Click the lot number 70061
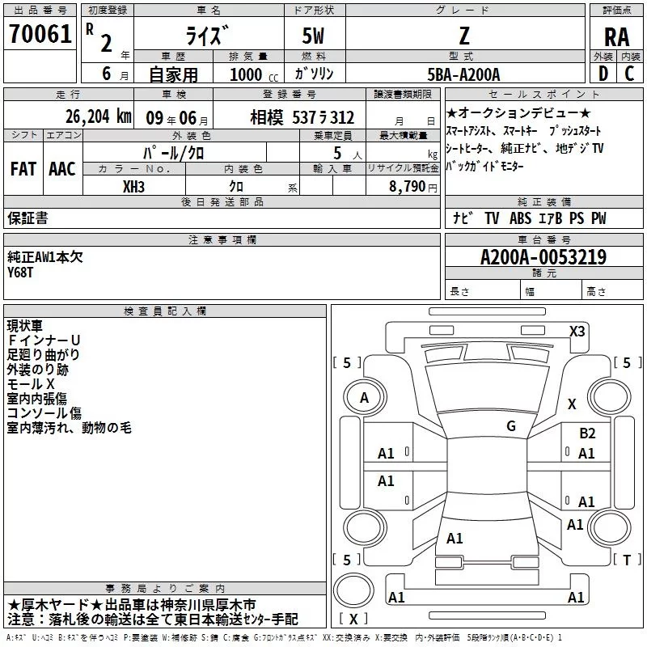(x=39, y=36)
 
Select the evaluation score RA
(x=615, y=36)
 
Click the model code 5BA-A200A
(x=463, y=74)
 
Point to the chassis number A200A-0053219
(x=543, y=257)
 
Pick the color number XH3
(x=133, y=185)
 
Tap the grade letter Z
(x=463, y=36)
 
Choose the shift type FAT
(x=23, y=169)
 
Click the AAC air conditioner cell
(x=62, y=169)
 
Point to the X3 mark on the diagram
(x=577, y=332)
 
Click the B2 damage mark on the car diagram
(x=587, y=433)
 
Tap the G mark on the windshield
(x=510, y=425)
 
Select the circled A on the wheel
(x=364, y=398)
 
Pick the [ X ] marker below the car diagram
(x=353, y=619)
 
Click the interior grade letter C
(x=630, y=74)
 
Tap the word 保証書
(x=27, y=218)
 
